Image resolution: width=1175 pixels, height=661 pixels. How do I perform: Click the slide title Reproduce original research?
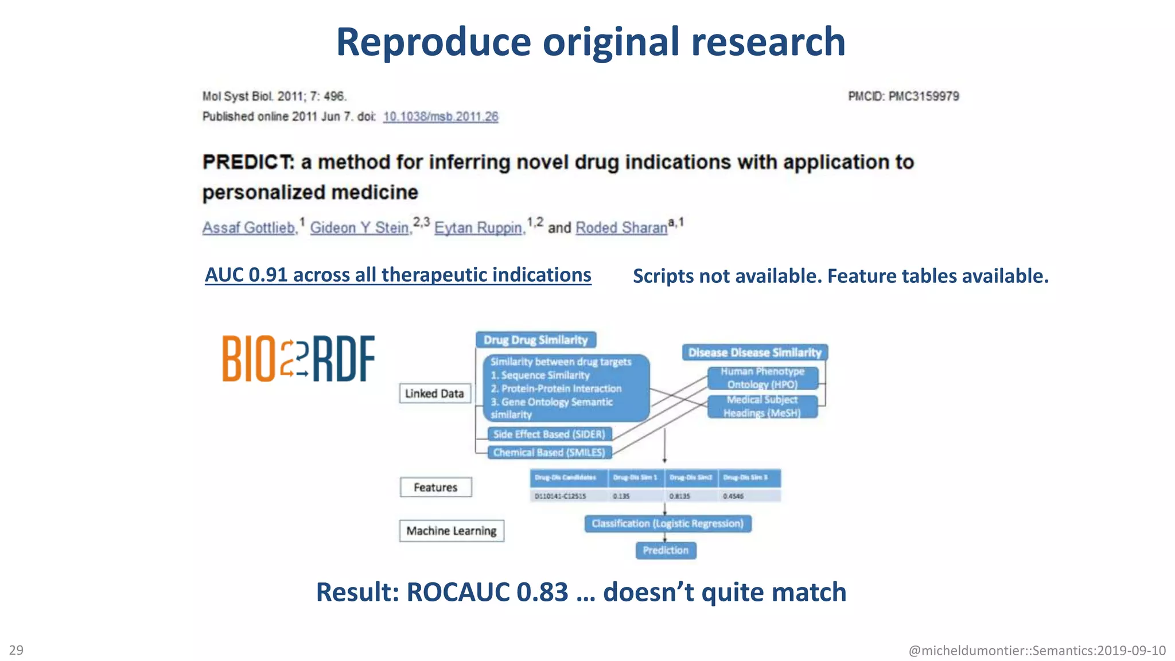[590, 42]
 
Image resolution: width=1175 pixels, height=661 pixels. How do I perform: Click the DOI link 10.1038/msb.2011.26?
[440, 116]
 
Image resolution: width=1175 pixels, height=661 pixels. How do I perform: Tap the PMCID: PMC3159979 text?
[903, 96]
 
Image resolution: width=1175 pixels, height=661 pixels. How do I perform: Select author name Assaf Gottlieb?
[249, 228]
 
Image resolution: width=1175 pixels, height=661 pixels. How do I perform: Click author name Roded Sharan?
[621, 228]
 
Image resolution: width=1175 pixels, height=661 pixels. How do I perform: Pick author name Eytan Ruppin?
[478, 228]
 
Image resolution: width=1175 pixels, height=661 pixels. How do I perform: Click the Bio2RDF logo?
[298, 359]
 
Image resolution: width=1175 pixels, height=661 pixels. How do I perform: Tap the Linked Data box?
[434, 394]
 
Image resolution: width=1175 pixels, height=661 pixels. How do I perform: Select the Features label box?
[435, 487]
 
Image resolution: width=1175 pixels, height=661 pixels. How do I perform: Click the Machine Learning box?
[452, 531]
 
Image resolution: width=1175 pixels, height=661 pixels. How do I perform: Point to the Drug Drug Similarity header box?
[535, 340]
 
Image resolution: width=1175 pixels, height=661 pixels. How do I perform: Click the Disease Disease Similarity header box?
[754, 352]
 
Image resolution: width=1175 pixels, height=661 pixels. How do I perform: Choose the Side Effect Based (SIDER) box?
[549, 434]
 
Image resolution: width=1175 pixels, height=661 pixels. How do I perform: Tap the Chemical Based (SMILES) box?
[549, 452]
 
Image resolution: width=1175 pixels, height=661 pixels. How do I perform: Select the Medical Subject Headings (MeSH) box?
[761, 406]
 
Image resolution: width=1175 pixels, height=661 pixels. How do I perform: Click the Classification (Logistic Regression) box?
[667, 523]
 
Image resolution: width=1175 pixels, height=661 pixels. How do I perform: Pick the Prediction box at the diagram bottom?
[666, 550]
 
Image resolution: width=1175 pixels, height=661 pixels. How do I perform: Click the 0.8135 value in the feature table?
[679, 496]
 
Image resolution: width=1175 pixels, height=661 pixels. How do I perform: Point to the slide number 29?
[17, 650]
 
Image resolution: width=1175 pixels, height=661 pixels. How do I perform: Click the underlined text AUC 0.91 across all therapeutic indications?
[398, 275]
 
